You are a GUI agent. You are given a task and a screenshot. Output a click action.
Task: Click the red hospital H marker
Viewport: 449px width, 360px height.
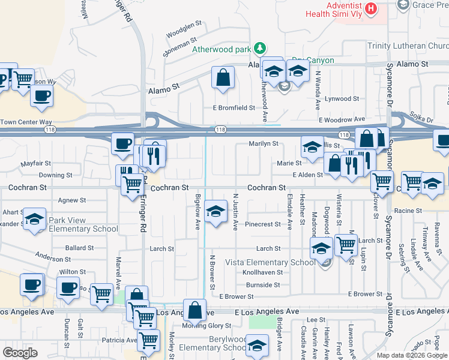371,9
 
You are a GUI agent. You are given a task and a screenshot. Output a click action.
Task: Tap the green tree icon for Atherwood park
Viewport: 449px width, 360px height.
260,47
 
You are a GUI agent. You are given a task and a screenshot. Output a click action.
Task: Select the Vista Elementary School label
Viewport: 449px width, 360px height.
270,262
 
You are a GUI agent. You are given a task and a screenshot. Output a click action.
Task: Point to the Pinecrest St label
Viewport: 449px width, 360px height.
263,224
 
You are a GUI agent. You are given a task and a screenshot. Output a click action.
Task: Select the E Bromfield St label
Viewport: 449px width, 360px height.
234,108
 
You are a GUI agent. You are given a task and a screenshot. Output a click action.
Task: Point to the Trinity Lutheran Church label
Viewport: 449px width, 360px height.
407,46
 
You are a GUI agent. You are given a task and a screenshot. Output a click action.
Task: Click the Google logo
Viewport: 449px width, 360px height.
20,352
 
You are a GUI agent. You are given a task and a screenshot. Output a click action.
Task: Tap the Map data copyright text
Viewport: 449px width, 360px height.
412,355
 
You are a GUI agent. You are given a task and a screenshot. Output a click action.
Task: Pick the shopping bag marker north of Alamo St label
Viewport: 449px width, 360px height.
223,78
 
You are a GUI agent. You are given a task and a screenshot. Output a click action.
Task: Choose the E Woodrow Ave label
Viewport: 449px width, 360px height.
342,120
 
